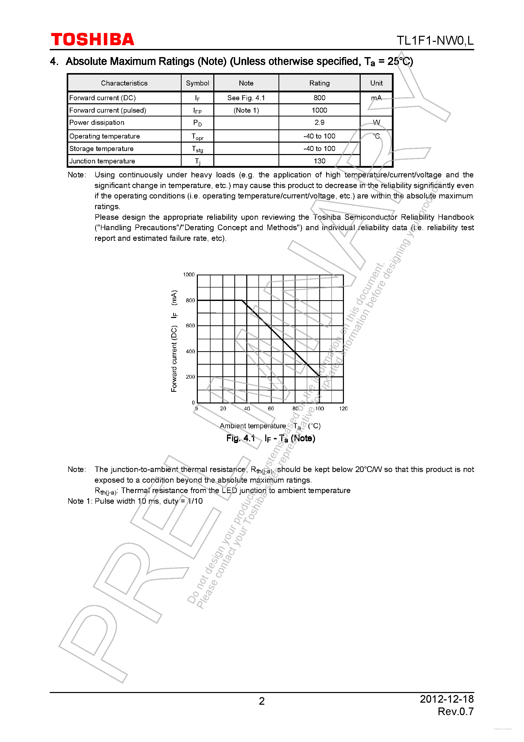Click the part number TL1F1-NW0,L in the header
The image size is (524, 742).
tap(435, 41)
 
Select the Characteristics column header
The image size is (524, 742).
tap(124, 83)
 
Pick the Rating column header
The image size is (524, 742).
tap(319, 83)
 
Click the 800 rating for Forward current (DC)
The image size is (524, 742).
tap(319, 98)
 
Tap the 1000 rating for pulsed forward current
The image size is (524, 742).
tap(319, 110)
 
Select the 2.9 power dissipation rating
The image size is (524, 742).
tap(319, 123)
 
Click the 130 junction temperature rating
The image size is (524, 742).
tap(319, 161)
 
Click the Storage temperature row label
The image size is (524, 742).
tap(101, 149)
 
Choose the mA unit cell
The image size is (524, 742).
tap(376, 98)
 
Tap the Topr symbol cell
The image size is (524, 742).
tap(197, 136)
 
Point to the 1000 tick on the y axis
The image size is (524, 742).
tap(189, 275)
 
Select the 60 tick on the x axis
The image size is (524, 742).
tap(271, 409)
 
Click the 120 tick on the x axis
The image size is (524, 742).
tap(343, 409)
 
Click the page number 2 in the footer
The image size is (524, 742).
tap(262, 701)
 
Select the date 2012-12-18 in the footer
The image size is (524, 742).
tap(446, 699)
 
